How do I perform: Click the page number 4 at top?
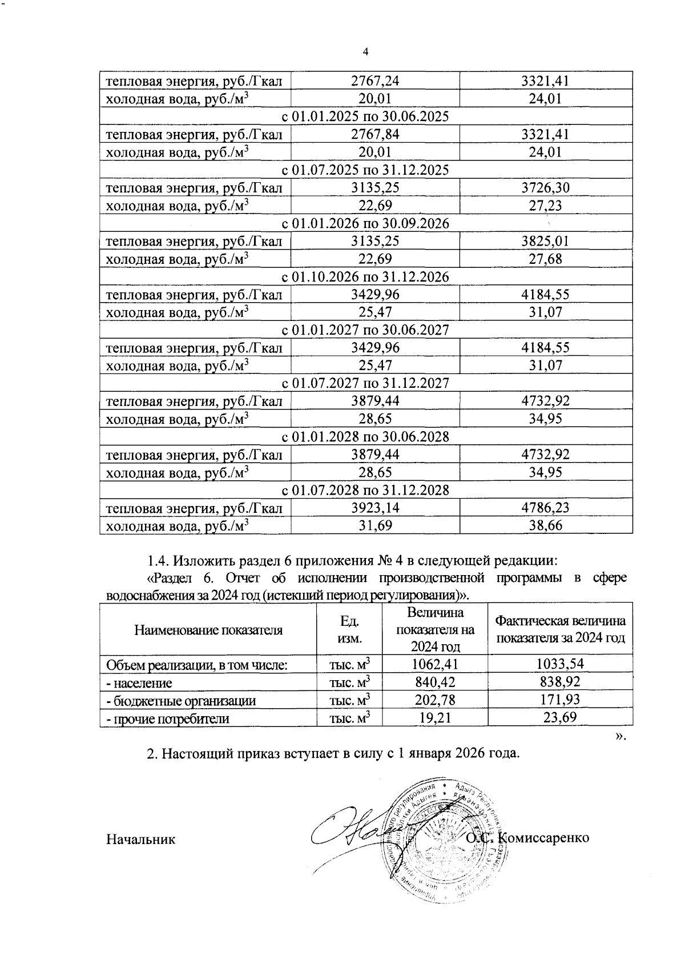[365, 52]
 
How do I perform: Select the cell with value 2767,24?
[374, 81]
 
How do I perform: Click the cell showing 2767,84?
[374, 134]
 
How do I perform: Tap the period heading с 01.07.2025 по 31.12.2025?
[366, 170]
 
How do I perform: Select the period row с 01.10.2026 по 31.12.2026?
[366, 277]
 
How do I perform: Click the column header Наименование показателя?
[208, 630]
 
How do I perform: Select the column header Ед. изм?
[349, 630]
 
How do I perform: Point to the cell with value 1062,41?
[435, 664]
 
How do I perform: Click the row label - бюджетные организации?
[182, 701]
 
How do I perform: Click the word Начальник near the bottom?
[140, 839]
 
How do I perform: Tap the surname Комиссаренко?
[543, 838]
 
